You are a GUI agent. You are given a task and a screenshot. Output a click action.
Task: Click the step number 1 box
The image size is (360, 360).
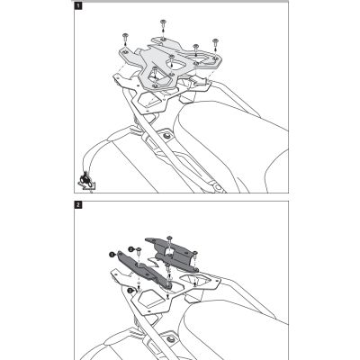coord(77,6)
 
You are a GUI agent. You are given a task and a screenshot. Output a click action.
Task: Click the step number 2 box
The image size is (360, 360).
coord(77,205)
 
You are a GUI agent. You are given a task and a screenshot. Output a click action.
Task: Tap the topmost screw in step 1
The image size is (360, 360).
coord(163,22)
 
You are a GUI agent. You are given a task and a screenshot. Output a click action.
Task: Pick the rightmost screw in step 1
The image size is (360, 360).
coord(215,41)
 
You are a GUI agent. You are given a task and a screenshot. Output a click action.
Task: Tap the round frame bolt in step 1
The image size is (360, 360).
coord(166,137)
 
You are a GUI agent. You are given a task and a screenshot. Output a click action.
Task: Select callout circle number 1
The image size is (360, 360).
coord(112,255)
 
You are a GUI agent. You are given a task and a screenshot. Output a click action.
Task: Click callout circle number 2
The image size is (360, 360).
coord(130,249)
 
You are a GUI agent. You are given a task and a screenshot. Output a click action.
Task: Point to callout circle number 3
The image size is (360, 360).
coord(130,291)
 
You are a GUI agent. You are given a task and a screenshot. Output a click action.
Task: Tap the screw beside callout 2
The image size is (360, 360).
coord(139,251)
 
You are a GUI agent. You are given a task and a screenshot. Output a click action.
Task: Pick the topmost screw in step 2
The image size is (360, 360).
coord(169,240)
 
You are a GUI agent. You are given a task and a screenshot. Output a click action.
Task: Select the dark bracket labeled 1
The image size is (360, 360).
coord(142,269)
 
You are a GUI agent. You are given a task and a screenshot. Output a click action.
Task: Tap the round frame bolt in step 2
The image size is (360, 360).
coord(171,339)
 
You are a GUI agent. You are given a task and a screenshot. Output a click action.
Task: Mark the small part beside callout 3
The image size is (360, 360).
coord(139,290)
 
